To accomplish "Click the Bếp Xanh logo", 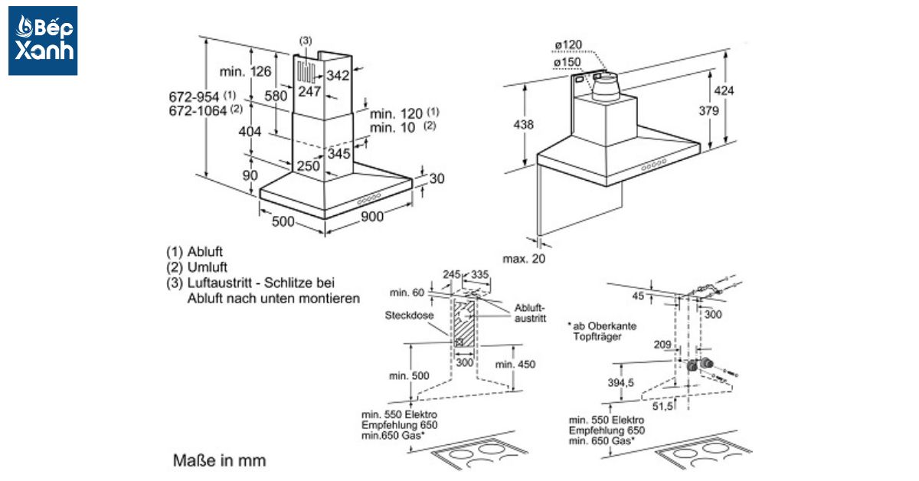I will pyautogui.click(x=43, y=41).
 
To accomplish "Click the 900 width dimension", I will pyautogui.click(x=372, y=217).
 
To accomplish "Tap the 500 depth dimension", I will pyautogui.click(x=283, y=222).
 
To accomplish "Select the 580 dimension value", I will pyautogui.click(x=276, y=97).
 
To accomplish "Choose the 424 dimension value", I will pyautogui.click(x=724, y=91).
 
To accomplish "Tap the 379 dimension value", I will pyautogui.click(x=709, y=111).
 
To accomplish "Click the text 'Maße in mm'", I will pyautogui.click(x=220, y=461).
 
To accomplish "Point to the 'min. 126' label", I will pyautogui.click(x=245, y=72).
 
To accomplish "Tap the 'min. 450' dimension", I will pyautogui.click(x=515, y=364).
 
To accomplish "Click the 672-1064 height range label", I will pyautogui.click(x=198, y=110).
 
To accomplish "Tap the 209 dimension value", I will pyautogui.click(x=662, y=345).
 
